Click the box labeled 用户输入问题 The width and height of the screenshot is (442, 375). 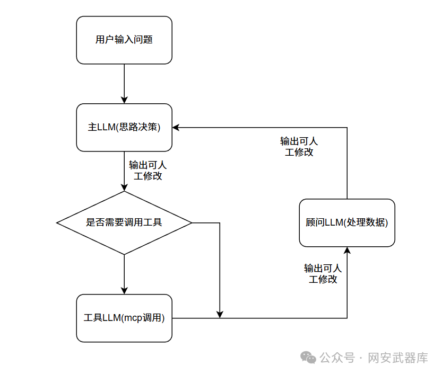124,40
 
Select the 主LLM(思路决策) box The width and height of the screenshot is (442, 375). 124,127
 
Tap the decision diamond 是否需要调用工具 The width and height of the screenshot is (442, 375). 124,222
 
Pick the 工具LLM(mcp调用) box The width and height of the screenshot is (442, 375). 124,318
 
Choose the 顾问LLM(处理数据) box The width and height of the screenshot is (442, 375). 347,222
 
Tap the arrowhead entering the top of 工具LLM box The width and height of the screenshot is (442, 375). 124,290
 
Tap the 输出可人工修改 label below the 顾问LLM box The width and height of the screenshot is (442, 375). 323,273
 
